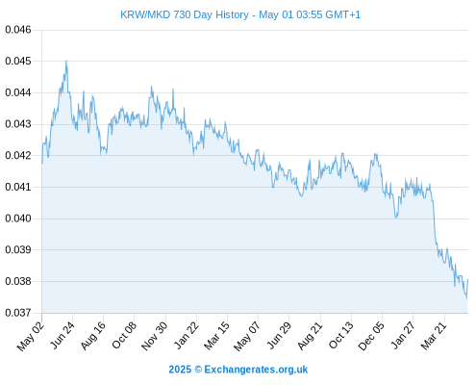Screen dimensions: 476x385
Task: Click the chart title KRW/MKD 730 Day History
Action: (x=185, y=14)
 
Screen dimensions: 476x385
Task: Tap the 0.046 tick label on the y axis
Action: (x=18, y=30)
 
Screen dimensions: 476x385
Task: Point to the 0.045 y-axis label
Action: (x=18, y=61)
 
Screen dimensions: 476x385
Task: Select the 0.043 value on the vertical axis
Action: (x=18, y=124)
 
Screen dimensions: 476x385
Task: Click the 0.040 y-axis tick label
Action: (x=18, y=218)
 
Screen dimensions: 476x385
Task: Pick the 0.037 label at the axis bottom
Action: (x=18, y=313)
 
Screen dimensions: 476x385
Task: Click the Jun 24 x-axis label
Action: (x=62, y=335)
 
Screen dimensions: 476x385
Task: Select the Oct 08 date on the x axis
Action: (x=124, y=335)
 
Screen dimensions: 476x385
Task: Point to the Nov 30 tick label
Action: (x=154, y=336)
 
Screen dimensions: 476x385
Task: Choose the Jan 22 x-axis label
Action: (x=186, y=335)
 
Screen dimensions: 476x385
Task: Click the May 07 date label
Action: (x=246, y=336)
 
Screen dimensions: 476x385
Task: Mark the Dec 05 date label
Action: (x=371, y=336)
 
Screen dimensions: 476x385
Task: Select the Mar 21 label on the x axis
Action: (x=434, y=335)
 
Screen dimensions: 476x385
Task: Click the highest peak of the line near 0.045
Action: (x=66, y=61)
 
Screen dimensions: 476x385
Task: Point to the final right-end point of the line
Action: (x=467, y=280)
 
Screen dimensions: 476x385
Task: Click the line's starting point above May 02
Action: (x=42, y=164)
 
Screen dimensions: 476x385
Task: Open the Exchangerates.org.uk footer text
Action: (x=256, y=370)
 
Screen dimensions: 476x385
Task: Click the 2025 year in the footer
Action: (x=180, y=370)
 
